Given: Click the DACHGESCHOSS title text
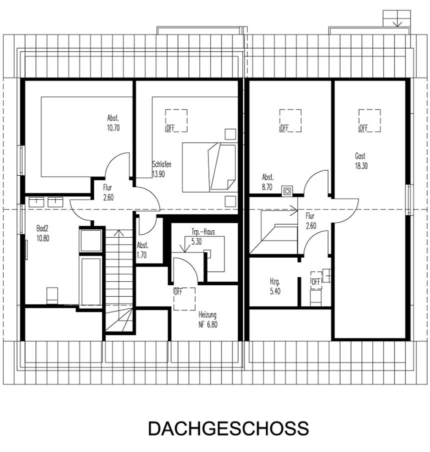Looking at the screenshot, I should pos(228,429).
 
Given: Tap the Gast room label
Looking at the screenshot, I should pos(360,156).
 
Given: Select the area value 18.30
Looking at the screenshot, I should pos(361,166).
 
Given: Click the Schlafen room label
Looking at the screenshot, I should pos(162,164).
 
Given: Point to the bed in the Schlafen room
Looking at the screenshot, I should pos(209,168).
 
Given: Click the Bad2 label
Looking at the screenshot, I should pos(42,228).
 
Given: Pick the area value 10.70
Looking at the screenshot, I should pos(113,128).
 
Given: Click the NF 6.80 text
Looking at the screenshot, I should pos(208,324).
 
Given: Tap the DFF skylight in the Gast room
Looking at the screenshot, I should pos(369,121).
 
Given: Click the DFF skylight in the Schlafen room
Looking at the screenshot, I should pos(176,121).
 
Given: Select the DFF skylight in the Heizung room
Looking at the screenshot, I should pos(183,299).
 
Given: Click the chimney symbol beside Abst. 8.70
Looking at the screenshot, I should pos(287,190).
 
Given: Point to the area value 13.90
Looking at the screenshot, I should pos(158,174).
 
